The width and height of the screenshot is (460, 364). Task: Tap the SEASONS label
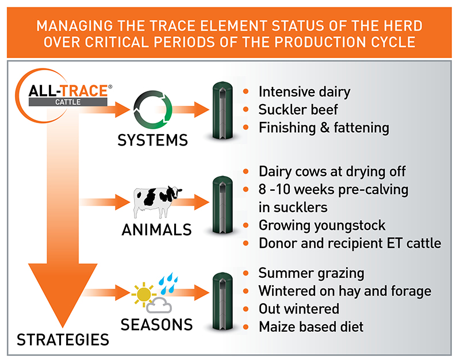[x=156, y=324]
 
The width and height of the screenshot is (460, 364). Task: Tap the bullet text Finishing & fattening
[x=324, y=128]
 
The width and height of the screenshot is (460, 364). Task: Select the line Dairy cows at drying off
[x=332, y=172]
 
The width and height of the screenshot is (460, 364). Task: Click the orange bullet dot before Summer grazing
[x=247, y=273]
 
